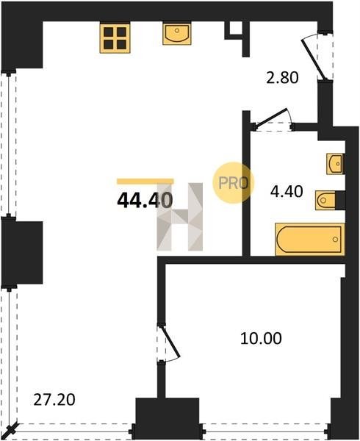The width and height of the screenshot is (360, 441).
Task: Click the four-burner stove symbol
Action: [x=115, y=38]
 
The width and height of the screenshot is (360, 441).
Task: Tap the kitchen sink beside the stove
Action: [x=177, y=34]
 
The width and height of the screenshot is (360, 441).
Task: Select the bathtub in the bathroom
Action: [x=310, y=240]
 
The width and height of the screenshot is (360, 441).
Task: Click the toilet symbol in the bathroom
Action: [x=325, y=200]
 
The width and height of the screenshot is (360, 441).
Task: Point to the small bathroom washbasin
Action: [x=334, y=164]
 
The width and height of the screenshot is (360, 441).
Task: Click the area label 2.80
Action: [x=282, y=78]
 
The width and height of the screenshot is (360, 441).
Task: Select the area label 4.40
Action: [x=287, y=192]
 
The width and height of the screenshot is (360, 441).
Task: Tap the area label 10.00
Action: [x=261, y=338]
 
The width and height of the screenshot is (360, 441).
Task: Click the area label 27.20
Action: [x=54, y=400]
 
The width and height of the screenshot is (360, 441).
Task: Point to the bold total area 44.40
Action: [x=145, y=201]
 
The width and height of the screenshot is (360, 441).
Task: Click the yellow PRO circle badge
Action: [x=233, y=182]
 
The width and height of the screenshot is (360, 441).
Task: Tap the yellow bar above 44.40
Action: [x=145, y=181]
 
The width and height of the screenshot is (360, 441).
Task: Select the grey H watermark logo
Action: [x=180, y=217]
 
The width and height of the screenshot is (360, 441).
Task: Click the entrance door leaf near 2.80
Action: [x=312, y=60]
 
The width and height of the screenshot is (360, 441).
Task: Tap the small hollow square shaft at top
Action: [x=234, y=29]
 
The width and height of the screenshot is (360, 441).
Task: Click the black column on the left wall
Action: [x=22, y=253]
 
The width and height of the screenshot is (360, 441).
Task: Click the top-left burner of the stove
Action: [x=109, y=32]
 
